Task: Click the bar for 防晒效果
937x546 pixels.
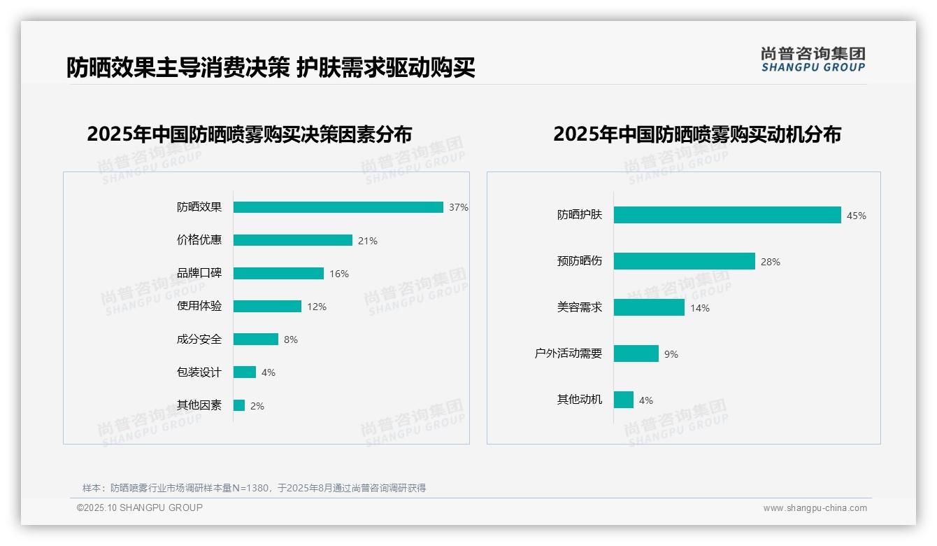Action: (338, 207)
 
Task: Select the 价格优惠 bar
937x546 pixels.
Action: (293, 240)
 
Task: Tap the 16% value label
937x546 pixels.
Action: (339, 274)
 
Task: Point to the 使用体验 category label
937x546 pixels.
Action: (199, 306)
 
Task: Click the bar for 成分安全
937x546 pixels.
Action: (256, 339)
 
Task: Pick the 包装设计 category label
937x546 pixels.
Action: (199, 372)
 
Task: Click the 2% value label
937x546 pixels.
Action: (257, 406)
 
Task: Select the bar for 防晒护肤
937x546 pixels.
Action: (727, 215)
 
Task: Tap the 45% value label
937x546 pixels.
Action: (857, 216)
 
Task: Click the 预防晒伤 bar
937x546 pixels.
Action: (685, 261)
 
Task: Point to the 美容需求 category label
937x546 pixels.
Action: (580, 307)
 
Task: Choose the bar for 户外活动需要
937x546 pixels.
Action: (636, 353)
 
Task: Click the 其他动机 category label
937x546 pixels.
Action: (580, 400)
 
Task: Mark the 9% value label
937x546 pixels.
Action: (671, 354)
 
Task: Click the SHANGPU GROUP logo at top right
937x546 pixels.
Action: (813, 59)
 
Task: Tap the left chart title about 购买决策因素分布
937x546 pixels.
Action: (250, 134)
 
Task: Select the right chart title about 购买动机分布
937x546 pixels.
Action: (697, 134)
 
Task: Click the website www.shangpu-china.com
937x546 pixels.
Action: (815, 508)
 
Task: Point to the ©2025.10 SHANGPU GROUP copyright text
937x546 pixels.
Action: (140, 507)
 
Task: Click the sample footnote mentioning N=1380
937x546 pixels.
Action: (255, 488)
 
